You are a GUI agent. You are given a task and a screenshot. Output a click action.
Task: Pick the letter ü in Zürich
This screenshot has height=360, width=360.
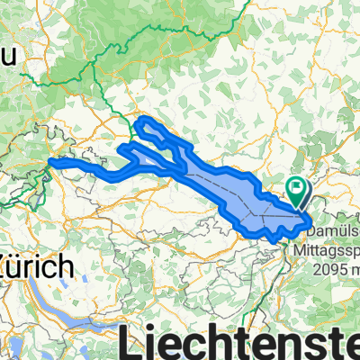coord(24,266)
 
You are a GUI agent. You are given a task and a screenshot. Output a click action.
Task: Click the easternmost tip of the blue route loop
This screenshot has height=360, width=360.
coord(311,217)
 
